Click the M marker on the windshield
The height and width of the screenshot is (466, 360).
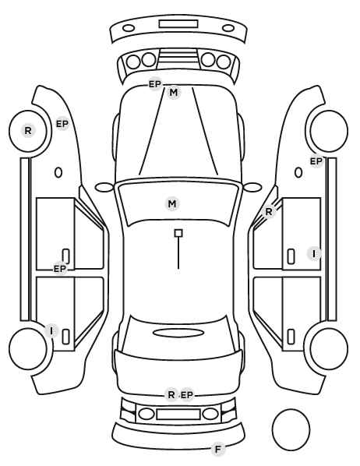pos(172,204)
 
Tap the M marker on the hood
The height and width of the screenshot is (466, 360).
pos(174,93)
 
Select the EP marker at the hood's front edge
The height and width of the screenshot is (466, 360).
pos(155,84)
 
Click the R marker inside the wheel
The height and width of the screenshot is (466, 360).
pos(28,130)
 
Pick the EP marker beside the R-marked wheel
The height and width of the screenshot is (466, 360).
pos(62,124)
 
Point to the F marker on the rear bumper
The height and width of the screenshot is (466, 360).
pos(218,449)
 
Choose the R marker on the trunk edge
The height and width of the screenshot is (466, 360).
pos(171,394)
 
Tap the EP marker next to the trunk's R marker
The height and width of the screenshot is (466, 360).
pos(187,395)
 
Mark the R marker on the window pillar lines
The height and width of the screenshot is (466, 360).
pos(269,212)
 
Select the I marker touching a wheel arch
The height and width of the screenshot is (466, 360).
pos(51,330)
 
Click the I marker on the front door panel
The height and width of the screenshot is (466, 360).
pos(314,254)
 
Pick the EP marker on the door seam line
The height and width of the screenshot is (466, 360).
pos(60,269)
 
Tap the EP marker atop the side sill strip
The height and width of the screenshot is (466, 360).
pos(316,161)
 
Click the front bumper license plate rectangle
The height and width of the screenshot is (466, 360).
pos(178,24)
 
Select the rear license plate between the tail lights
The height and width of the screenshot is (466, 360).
pos(178,415)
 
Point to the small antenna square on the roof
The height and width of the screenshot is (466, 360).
pos(178,233)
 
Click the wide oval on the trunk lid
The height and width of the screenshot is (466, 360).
pos(178,333)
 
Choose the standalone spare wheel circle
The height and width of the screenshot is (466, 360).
pos(291,429)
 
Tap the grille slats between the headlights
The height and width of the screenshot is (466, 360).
pos(178,59)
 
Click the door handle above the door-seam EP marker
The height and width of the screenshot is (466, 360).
pos(65,256)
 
